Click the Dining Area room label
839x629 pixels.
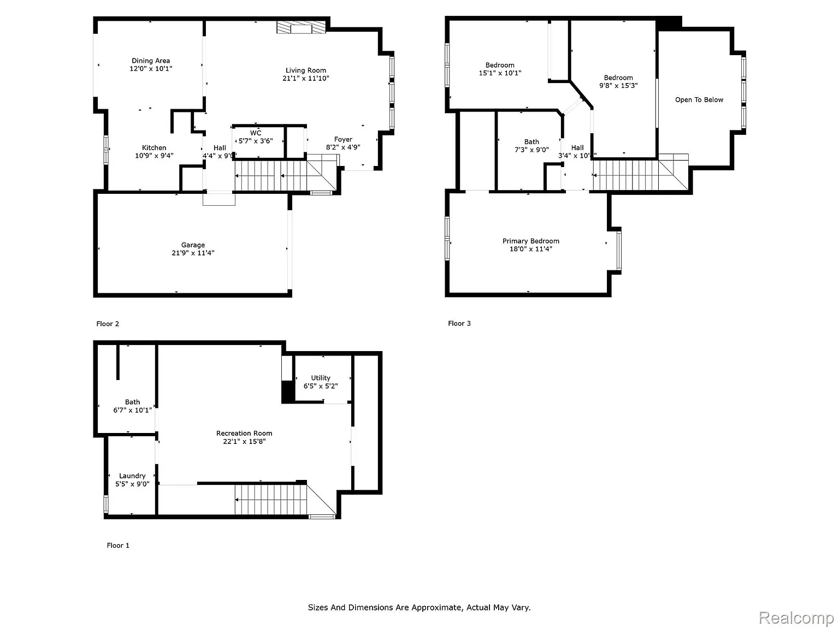point(151,61)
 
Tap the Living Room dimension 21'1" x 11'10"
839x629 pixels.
point(305,78)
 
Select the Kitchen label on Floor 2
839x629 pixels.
point(154,147)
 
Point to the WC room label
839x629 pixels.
point(256,133)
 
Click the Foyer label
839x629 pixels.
point(343,139)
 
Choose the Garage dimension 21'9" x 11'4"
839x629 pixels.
point(193,253)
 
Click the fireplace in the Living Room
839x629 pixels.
point(301,28)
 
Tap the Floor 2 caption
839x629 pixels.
point(108,324)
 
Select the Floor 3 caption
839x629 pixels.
point(459,323)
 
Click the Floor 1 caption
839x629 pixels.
point(118,545)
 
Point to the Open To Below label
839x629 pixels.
point(699,99)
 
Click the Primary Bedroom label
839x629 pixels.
point(530,241)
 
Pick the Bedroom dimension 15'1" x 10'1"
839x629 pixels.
point(500,73)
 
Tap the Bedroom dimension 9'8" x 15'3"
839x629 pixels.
point(618,85)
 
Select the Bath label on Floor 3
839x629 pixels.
point(531,141)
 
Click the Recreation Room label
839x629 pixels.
point(244,433)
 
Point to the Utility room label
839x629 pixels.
point(321,377)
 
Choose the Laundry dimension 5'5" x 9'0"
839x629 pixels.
point(132,484)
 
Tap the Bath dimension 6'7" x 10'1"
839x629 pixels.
point(132,410)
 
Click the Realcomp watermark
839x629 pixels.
point(796,618)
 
